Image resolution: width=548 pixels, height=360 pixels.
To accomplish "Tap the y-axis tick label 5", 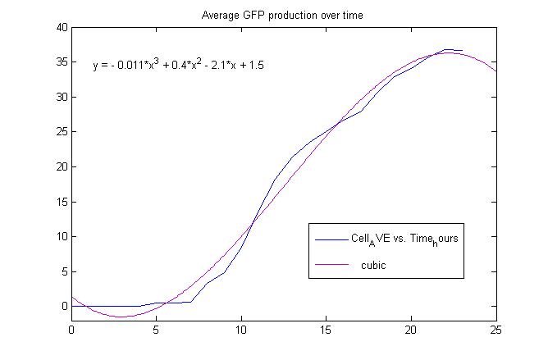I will (63, 271).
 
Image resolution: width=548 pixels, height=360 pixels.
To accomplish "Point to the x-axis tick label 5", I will (157, 331).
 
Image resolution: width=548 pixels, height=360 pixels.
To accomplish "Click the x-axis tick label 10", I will (241, 331).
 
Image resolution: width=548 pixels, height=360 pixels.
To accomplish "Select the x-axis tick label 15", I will (327, 331).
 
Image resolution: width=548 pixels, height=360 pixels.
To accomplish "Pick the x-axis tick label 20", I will (411, 331).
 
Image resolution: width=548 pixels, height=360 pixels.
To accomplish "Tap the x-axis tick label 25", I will (495, 331).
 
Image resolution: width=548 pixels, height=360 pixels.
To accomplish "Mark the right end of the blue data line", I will (462, 50).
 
